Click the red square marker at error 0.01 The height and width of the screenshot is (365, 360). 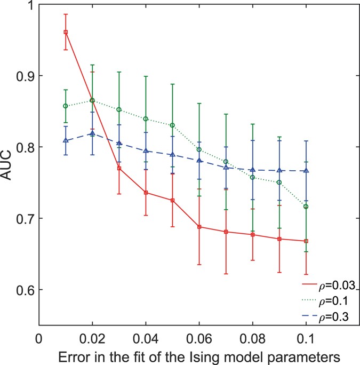point(66,32)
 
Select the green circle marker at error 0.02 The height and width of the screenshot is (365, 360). point(92,100)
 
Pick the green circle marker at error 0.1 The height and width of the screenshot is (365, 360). point(306,207)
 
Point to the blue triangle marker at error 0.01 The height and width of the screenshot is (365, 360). point(66,140)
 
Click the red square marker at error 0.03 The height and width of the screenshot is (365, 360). point(119,168)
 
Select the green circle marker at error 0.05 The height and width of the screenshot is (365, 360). point(172,125)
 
